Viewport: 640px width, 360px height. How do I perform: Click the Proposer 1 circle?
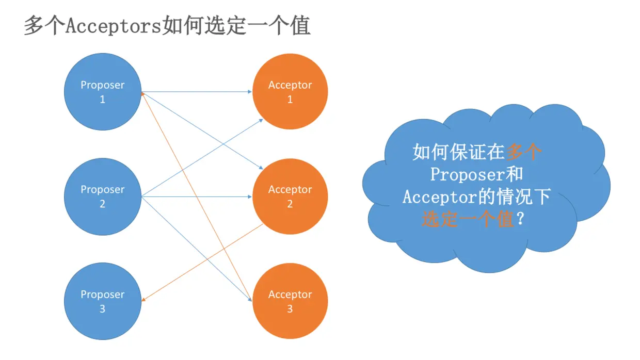102,92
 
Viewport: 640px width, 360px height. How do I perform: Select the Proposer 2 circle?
102,197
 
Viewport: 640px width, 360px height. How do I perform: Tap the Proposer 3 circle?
102,301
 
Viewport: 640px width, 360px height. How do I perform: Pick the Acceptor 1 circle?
290,92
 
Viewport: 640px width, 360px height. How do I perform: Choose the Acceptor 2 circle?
290,197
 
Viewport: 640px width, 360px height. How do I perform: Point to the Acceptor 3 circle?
290,301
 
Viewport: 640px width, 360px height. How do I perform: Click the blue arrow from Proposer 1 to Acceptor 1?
196,92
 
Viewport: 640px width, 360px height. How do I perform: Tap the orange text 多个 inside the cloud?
524,152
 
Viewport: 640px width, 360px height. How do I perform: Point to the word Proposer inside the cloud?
467,175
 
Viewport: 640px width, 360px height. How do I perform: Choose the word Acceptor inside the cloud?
438,198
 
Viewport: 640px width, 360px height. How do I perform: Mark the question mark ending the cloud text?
521,220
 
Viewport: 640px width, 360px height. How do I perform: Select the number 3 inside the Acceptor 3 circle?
290,308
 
